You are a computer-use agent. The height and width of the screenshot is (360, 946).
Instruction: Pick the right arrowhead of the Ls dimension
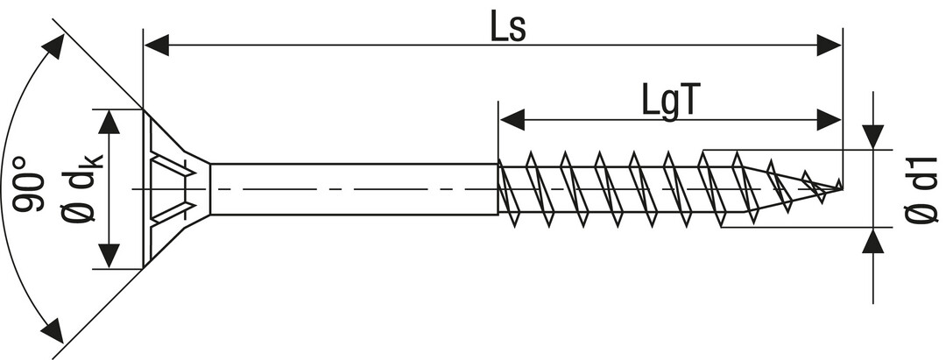[828, 45]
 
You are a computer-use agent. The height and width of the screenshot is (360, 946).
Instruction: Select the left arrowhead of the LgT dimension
[512, 120]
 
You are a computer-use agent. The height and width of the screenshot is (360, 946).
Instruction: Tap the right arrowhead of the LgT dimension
[828, 120]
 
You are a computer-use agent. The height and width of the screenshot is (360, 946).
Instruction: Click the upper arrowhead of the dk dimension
[109, 123]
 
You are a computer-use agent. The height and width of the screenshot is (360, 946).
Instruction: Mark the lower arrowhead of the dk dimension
[109, 255]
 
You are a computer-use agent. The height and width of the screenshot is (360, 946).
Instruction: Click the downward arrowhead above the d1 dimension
[872, 137]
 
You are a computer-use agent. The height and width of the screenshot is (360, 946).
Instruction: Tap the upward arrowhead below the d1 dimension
[872, 241]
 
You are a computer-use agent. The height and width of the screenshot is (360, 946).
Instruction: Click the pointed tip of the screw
[840, 187]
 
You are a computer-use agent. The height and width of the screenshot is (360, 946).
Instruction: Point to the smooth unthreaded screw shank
[350, 188]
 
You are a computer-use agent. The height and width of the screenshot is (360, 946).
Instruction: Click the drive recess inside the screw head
[172, 188]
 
